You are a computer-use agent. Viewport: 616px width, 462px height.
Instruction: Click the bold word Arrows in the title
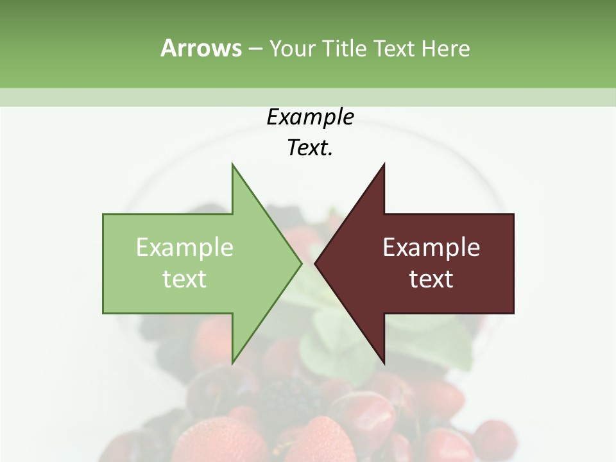pos(201,48)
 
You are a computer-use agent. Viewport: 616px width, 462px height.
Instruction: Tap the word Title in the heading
pos(345,49)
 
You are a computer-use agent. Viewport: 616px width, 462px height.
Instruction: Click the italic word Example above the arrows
pos(310,117)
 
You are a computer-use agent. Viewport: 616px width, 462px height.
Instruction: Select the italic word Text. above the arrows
pos(310,148)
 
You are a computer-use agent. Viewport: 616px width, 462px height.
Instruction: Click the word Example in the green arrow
pos(185,247)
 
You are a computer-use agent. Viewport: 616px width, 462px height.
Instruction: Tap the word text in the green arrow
pos(185,278)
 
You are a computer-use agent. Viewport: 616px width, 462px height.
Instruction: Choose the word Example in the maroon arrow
pos(431,247)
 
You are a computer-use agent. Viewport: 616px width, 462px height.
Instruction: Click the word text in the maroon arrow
pos(431,278)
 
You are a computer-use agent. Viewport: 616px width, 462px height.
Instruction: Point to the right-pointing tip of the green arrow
pos(300,263)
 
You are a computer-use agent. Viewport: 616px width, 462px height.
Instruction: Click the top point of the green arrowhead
pos(233,166)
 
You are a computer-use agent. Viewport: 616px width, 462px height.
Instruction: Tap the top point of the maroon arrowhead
pos(384,166)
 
